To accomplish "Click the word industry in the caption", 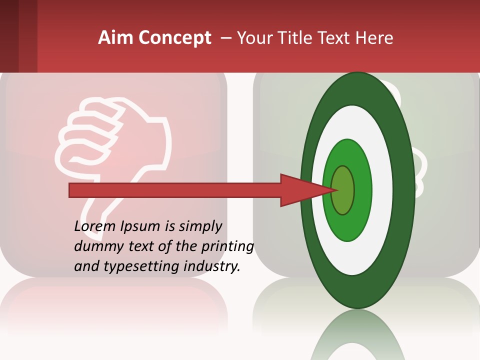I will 212,266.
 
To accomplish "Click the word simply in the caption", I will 200,226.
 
